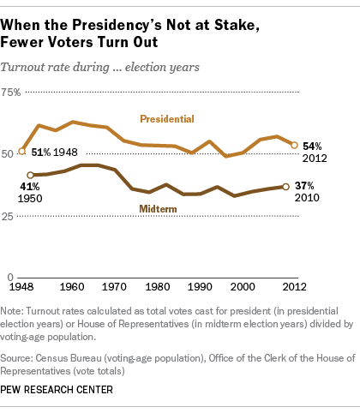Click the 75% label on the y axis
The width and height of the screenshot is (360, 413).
pyautogui.click(x=17, y=93)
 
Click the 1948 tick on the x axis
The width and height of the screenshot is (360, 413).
pyautogui.click(x=23, y=288)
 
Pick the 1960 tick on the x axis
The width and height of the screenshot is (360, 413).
pyautogui.click(x=73, y=288)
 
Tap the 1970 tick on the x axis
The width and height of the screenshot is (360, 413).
pyautogui.click(x=114, y=288)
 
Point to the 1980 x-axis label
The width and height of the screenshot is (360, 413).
pyautogui.click(x=156, y=288)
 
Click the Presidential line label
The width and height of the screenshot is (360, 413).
pyautogui.click(x=167, y=118)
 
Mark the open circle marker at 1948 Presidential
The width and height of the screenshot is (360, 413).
pyautogui.click(x=22, y=151)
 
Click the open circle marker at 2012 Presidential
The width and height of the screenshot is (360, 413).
pyautogui.click(x=295, y=145)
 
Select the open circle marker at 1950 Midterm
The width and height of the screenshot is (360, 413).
pyautogui.click(x=31, y=176)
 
